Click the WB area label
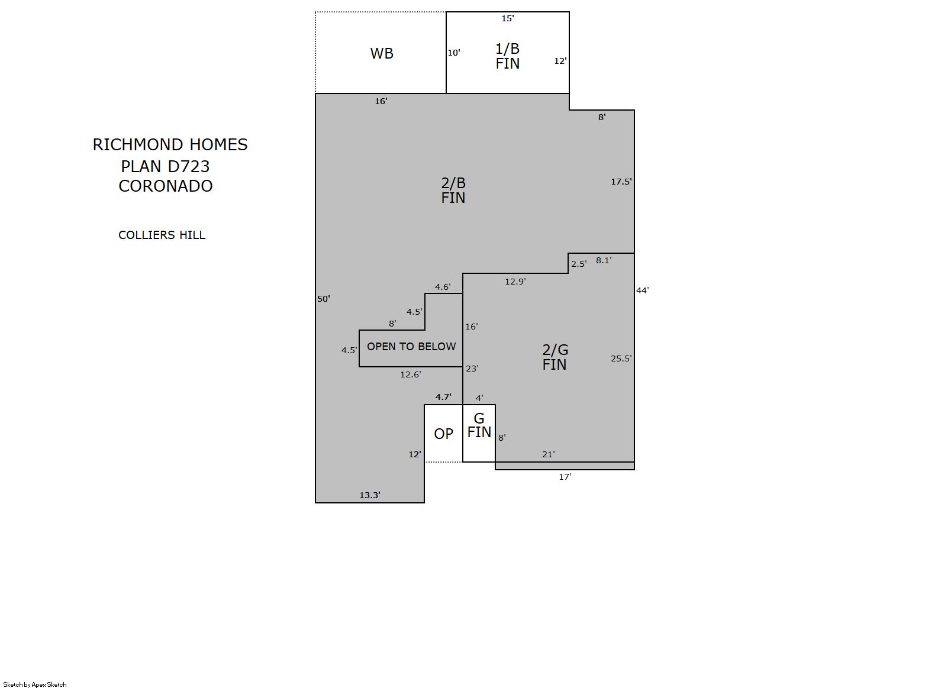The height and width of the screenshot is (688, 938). (382, 54)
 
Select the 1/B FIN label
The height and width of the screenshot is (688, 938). (508, 56)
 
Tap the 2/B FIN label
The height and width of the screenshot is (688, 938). (453, 190)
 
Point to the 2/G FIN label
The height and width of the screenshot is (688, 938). (555, 357)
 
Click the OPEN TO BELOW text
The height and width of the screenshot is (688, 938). (411, 347)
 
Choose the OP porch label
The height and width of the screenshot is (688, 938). (443, 434)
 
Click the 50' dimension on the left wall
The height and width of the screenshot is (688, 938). (323, 299)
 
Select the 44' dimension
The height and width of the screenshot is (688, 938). (642, 290)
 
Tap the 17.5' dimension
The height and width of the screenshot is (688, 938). (621, 182)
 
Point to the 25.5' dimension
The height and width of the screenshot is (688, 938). (621, 358)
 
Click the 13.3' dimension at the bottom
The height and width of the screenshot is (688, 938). (370, 495)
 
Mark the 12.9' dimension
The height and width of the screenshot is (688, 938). (515, 282)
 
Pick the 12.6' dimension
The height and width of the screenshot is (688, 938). (410, 374)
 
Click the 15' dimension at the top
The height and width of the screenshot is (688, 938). (508, 18)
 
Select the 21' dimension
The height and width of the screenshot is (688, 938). (548, 454)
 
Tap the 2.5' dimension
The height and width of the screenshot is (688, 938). (579, 264)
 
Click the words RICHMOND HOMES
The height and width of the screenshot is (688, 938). (170, 145)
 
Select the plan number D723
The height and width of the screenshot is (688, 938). (188, 167)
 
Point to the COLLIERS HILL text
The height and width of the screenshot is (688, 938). (162, 235)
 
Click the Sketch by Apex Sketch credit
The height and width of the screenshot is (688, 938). (35, 684)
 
